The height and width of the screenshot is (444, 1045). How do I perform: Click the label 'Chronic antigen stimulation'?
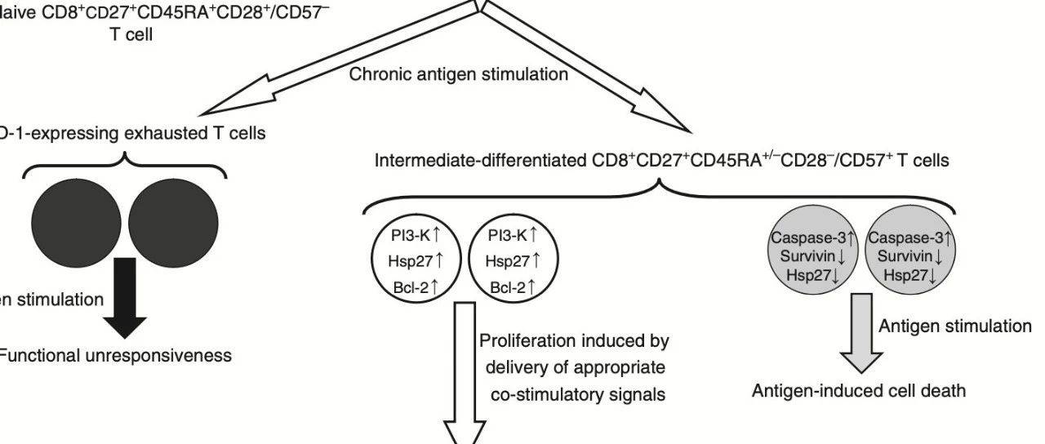[458, 74]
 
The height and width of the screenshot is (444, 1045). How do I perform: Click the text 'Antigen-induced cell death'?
[859, 391]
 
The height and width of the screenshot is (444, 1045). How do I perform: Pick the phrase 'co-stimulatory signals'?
[578, 394]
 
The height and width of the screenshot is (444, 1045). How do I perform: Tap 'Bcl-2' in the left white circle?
[416, 286]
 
